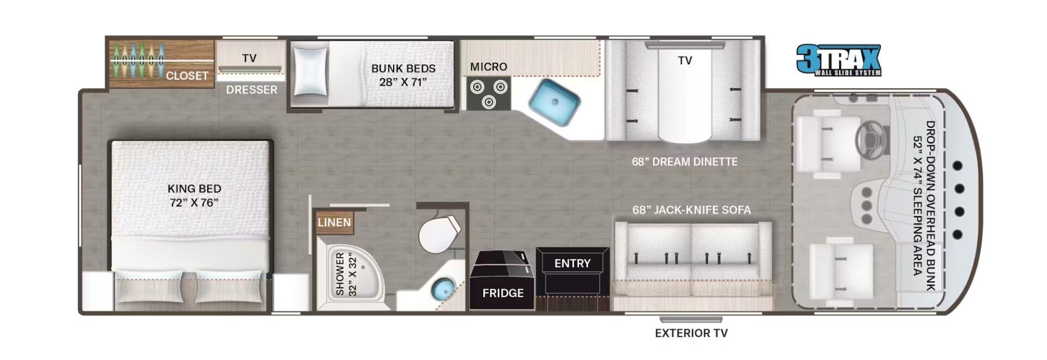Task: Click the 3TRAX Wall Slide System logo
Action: pyautogui.click(x=839, y=60)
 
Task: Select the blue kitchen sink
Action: pyautogui.click(x=554, y=103)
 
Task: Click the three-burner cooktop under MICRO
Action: pyautogui.click(x=489, y=93)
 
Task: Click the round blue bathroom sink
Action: pyautogui.click(x=443, y=289)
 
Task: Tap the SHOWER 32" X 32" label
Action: pyautogui.click(x=346, y=274)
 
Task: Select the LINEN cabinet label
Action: pyautogui.click(x=334, y=223)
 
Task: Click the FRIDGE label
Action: pyautogui.click(x=503, y=293)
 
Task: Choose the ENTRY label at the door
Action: pyautogui.click(x=572, y=263)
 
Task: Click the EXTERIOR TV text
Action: pyautogui.click(x=691, y=333)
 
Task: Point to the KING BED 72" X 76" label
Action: pyautogui.click(x=194, y=195)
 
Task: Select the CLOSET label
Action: pyautogui.click(x=186, y=76)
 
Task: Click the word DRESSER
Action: pyautogui.click(x=251, y=89)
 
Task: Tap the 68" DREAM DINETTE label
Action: pyautogui.click(x=684, y=162)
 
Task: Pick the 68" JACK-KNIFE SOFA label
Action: pyautogui.click(x=691, y=210)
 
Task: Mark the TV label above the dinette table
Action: pyautogui.click(x=685, y=61)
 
